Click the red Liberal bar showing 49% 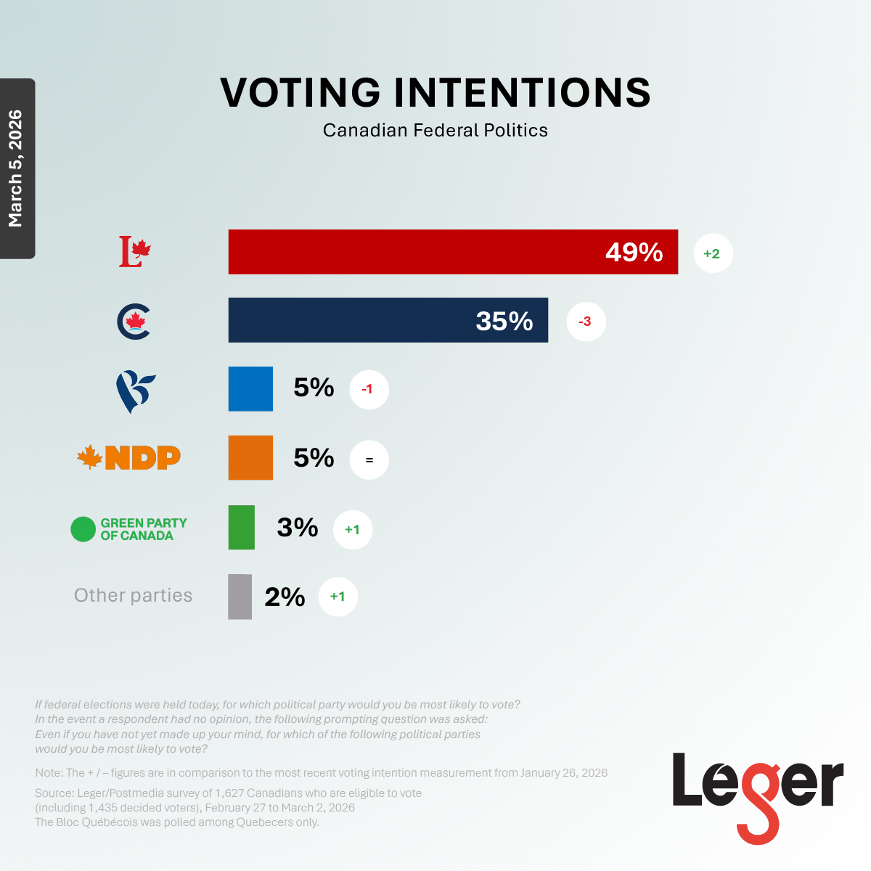[453, 252]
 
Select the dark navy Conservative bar [388, 320]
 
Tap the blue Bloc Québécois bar [250, 389]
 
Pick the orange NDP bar [250, 458]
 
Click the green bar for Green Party [242, 528]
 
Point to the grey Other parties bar [240, 597]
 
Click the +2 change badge [713, 253]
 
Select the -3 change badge [585, 322]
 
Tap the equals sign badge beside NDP [369, 460]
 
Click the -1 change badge [369, 390]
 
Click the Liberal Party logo [135, 252]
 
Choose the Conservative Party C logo [134, 322]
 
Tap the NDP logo [129, 457]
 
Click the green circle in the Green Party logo [83, 529]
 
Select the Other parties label [134, 596]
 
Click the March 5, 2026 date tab [17, 168]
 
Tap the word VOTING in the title [300, 93]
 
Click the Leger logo [758, 795]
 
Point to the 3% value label [298, 528]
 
